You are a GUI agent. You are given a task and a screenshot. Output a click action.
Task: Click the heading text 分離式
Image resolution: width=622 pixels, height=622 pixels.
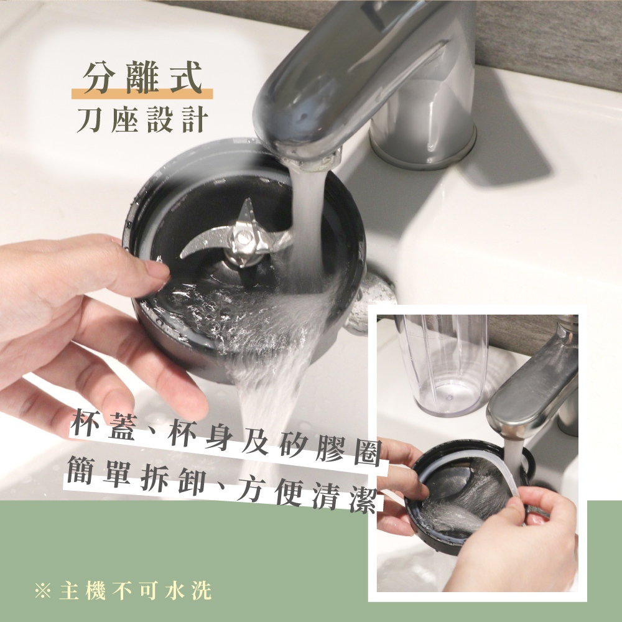coord(142,78)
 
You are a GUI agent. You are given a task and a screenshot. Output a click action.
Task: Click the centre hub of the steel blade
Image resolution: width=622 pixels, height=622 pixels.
coord(243,238)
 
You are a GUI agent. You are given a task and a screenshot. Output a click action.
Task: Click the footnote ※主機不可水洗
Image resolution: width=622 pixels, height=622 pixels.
coord(123,591)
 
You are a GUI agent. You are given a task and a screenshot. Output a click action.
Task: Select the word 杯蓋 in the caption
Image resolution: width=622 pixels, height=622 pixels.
coord(103,425)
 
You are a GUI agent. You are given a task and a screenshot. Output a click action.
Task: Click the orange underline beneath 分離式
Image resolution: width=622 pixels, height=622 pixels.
coord(142,94)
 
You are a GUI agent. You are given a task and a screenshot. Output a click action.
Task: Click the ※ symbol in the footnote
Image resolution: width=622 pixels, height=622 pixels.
coord(43,591)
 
